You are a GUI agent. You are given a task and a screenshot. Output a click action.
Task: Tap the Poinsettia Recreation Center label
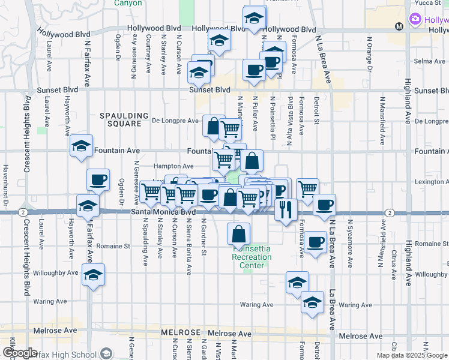(252, 257)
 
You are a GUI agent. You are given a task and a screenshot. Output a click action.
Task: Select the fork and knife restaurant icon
(285, 209)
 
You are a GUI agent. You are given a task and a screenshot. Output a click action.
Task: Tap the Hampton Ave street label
(173, 166)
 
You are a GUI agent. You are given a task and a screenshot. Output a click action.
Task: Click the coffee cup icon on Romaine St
(315, 243)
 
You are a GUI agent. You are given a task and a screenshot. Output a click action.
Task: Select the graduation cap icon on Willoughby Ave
(93, 275)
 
